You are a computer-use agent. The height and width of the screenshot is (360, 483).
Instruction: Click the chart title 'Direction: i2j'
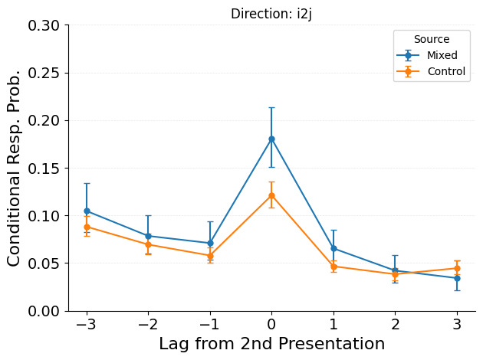[x=271, y=14]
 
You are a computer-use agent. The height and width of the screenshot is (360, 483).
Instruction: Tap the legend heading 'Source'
[x=431, y=39]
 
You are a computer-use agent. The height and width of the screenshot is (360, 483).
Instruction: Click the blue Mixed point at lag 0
[x=271, y=139]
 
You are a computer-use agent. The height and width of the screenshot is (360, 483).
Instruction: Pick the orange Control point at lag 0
[x=271, y=195]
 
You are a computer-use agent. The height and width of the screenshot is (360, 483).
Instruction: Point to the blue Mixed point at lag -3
[x=87, y=211]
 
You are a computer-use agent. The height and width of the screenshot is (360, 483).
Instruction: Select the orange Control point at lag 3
[x=457, y=268]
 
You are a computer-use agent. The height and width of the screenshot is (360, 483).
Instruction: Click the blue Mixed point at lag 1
[x=333, y=248]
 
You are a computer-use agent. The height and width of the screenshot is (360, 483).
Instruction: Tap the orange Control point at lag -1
[x=210, y=256]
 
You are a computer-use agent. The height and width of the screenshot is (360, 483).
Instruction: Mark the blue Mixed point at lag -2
[x=148, y=236]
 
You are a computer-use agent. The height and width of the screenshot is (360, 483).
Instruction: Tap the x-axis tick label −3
[x=87, y=325]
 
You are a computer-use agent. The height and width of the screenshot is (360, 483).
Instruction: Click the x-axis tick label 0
[x=271, y=325]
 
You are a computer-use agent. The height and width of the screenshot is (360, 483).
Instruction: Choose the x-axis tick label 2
[x=395, y=325]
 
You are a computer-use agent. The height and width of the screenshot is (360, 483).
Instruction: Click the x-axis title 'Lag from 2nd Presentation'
[x=271, y=344]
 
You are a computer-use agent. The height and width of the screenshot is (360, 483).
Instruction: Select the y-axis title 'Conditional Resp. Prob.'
[x=15, y=169]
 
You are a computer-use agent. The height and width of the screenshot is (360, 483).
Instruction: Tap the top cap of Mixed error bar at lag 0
[x=271, y=108]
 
